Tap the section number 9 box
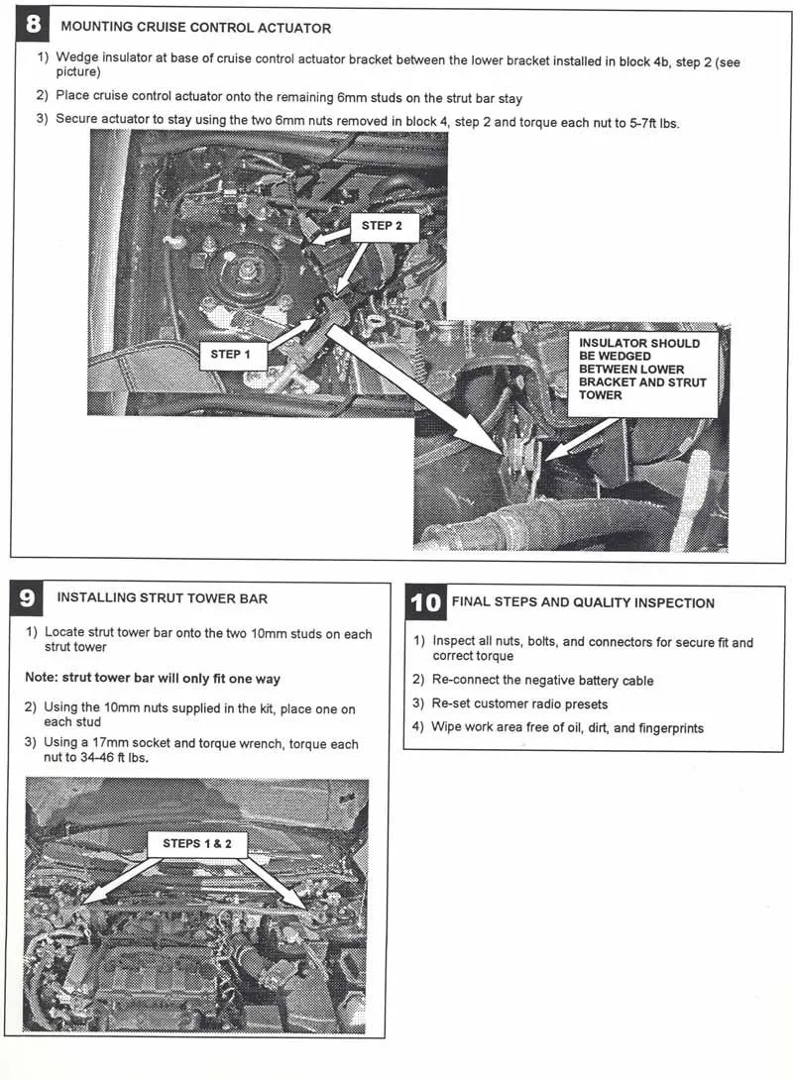point(28,597)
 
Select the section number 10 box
point(425,601)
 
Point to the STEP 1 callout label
point(231,354)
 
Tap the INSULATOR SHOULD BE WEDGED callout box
point(642,369)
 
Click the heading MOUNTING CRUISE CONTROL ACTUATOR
point(196,28)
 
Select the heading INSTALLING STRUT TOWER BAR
point(162,597)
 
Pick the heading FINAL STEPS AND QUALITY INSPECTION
point(583,602)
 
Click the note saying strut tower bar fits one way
point(153,679)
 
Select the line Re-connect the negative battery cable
point(542,681)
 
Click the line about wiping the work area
point(567,728)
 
